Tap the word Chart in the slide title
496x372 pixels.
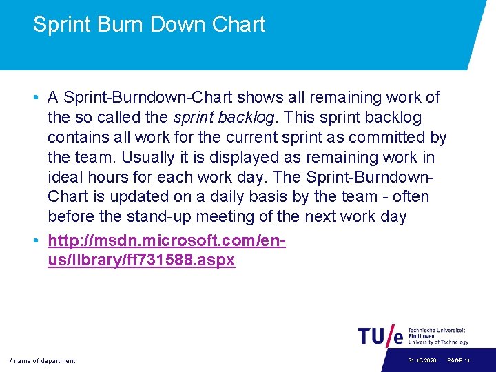tap(239, 25)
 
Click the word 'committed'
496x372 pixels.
tap(390, 137)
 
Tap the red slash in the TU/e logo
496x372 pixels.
tap(395, 335)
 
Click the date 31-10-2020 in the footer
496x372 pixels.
tap(422, 361)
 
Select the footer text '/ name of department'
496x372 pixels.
tap(42, 361)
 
